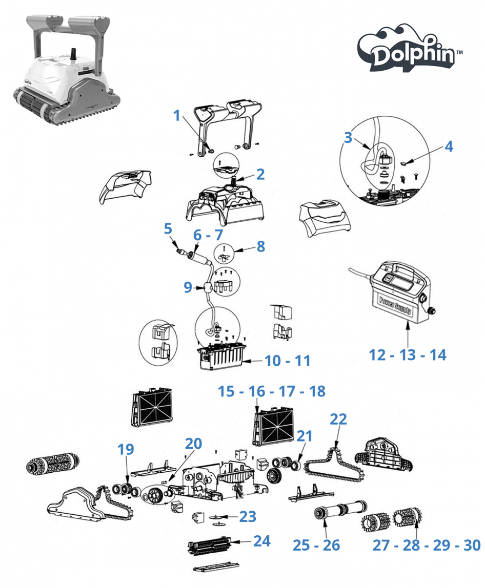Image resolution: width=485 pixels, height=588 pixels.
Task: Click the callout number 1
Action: pos(177,115)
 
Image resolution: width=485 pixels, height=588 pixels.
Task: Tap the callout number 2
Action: pos(260,174)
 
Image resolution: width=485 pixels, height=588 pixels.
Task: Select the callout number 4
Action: pos(449,146)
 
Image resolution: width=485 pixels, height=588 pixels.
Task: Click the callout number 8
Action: pos(261,246)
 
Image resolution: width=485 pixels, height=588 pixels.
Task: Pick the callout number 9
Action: pos(188,288)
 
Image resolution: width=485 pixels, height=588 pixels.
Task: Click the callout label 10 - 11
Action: pos(288,361)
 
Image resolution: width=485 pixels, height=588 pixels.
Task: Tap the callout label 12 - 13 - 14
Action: pos(408,354)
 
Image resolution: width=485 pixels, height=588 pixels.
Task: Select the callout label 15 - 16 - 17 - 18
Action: pos(271,391)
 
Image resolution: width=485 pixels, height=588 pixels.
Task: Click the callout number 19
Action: pos(126,449)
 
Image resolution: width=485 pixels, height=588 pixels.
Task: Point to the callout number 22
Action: pos(338,419)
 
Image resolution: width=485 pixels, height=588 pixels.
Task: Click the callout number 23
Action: pos(248,517)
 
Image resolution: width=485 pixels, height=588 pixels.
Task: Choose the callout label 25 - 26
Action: pos(316,545)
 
